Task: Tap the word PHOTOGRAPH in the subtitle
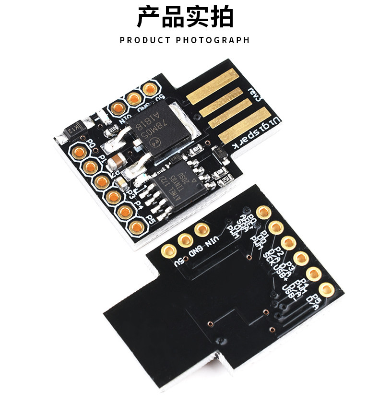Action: tap(213, 40)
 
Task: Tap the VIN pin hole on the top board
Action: tap(116, 108)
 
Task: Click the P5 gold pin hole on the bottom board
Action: tap(328, 289)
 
